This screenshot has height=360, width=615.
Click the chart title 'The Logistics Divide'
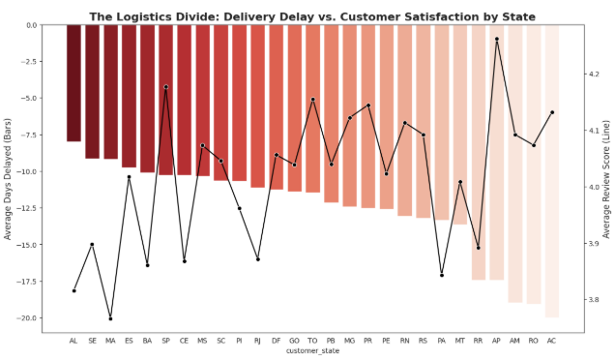(312, 16)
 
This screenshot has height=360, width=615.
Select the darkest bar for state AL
(73, 83)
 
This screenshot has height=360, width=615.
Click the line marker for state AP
(497, 40)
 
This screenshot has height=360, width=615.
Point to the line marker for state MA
(110, 318)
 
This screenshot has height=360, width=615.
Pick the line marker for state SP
(166, 87)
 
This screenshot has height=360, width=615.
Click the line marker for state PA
(442, 275)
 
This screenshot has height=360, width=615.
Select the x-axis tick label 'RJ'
(257, 341)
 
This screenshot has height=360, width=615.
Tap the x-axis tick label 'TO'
(312, 341)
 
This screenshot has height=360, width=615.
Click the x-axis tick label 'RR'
(479, 341)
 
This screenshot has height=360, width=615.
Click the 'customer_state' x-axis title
(312, 351)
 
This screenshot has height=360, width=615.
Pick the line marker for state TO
(312, 100)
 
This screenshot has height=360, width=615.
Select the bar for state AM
(515, 164)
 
